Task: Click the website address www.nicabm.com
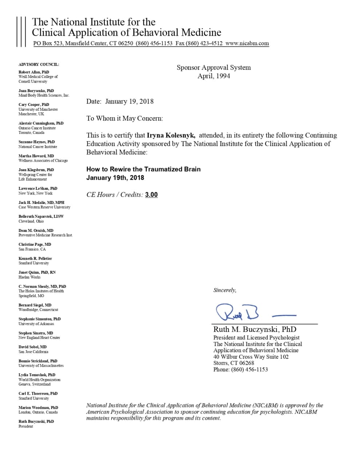(247, 43)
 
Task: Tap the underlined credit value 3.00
(151, 195)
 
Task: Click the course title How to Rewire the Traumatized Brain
(143, 169)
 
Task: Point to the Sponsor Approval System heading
(214, 68)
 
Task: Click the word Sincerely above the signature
(225, 290)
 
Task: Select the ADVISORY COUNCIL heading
(39, 64)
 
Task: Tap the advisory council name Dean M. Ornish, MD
(36, 230)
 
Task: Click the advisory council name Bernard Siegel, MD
(35, 305)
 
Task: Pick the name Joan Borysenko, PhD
(36, 91)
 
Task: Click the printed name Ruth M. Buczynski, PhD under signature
(255, 329)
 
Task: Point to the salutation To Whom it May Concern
(124, 118)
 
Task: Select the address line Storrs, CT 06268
(234, 363)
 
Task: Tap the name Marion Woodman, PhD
(39, 408)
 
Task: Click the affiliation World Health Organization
(40, 380)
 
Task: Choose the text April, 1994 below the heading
(214, 76)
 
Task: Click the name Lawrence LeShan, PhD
(38, 189)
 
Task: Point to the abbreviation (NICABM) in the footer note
(266, 405)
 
